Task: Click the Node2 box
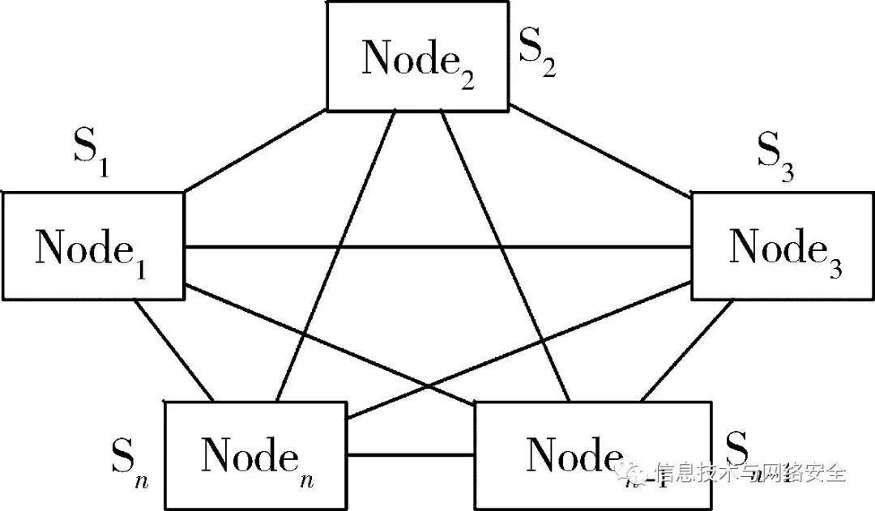[x=416, y=57]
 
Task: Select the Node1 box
[x=92, y=246]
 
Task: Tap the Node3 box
[x=781, y=246]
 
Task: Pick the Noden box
[x=254, y=455]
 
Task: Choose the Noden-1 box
[x=591, y=455]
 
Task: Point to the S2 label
[x=536, y=55]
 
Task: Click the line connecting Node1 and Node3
[x=437, y=247]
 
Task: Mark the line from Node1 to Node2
[x=255, y=150]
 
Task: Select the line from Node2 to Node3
[x=600, y=150]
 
